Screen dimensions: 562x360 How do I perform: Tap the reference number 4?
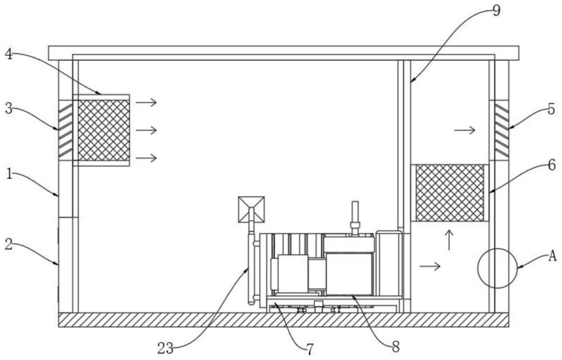(x=9, y=54)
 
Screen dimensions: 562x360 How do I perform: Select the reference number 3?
(x=9, y=108)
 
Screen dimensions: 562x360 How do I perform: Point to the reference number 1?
(x=10, y=175)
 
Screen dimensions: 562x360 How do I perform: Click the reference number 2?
(x=10, y=245)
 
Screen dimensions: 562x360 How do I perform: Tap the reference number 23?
(x=165, y=348)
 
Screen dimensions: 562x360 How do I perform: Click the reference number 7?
(x=310, y=348)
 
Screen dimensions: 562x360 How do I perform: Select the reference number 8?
(x=395, y=346)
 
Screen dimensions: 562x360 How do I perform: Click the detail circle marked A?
(x=497, y=249)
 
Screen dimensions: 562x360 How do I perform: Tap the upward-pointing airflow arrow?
(x=449, y=240)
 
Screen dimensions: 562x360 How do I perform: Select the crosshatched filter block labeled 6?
(x=450, y=193)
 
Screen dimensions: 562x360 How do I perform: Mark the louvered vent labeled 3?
(x=65, y=130)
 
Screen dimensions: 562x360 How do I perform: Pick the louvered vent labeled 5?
(x=501, y=130)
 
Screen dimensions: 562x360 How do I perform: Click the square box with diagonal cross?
(x=251, y=209)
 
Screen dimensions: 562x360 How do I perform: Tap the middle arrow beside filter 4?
(x=146, y=130)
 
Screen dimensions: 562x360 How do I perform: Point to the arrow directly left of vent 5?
(x=465, y=130)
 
